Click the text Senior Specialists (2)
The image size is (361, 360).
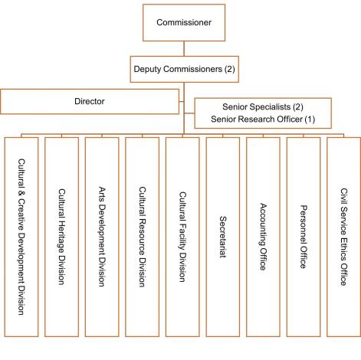[x=263, y=108]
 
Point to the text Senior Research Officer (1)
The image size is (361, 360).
[x=263, y=120]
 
